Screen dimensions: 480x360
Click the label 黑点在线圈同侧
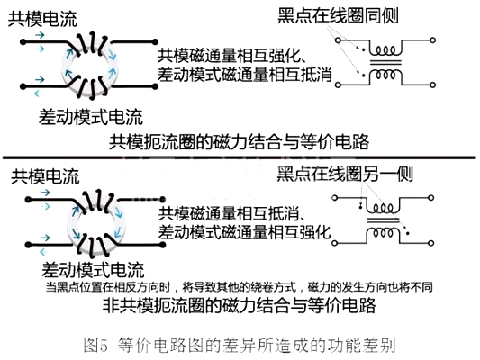(x=338, y=15)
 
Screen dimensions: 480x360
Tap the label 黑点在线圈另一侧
(x=345, y=174)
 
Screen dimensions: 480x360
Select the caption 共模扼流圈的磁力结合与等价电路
(x=239, y=142)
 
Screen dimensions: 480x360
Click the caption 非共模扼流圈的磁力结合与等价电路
(x=239, y=305)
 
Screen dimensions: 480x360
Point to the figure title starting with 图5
(x=240, y=345)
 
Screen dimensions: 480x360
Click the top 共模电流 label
(x=42, y=19)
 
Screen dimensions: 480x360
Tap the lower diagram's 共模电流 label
(x=45, y=176)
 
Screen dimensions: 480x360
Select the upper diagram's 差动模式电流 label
(x=91, y=116)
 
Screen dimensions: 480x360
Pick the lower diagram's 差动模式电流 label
(x=93, y=269)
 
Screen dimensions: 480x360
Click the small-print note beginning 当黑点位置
(x=239, y=287)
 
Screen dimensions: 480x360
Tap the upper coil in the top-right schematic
(x=385, y=50)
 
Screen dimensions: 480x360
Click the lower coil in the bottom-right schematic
(x=384, y=233)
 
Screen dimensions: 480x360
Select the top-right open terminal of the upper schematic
(x=433, y=40)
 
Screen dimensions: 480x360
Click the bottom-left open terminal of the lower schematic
(x=335, y=243)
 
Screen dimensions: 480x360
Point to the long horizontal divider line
(x=239, y=157)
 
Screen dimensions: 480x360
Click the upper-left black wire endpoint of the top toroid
(x=23, y=41)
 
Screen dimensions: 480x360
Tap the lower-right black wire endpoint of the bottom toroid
(x=162, y=245)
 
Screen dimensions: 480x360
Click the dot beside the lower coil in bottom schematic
(x=407, y=233)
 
